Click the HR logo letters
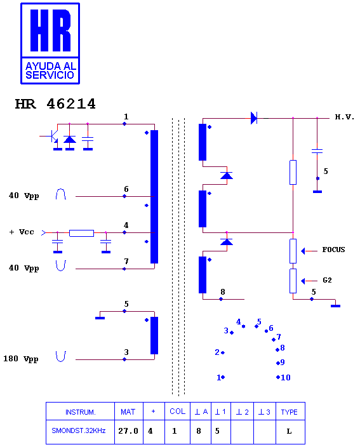50,30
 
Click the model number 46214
71,103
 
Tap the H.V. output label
344,117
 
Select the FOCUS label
333,250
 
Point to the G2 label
327,280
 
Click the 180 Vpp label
21,359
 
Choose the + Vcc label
22,232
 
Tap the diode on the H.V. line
254,117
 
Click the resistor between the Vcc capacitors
81,233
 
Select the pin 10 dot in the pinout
278,377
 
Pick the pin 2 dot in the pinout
223,352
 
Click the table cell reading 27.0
128,430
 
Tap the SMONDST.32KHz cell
79,430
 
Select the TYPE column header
289,412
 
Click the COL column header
177,411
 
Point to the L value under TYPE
289,431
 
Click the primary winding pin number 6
126,189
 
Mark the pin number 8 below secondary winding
223,292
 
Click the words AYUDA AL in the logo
51,66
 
